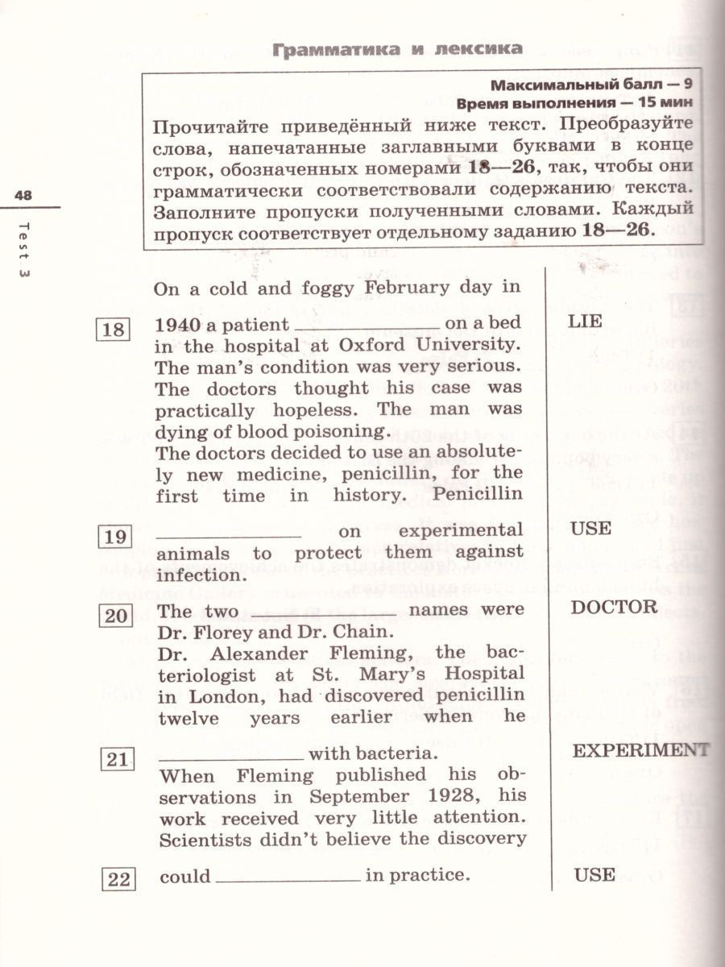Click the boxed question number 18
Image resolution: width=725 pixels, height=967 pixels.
pyautogui.click(x=114, y=330)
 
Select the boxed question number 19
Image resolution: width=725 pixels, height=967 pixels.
pyautogui.click(x=116, y=535)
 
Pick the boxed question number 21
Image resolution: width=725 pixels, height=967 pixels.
pyautogui.click(x=118, y=759)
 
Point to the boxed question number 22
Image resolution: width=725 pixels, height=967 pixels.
pyautogui.click(x=119, y=880)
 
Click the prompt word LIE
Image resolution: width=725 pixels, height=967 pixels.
pyautogui.click(x=584, y=321)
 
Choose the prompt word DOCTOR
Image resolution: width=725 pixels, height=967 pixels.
pyautogui.click(x=614, y=608)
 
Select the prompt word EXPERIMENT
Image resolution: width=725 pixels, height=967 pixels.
pyautogui.click(x=640, y=750)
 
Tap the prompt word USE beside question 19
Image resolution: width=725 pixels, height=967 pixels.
pyautogui.click(x=590, y=529)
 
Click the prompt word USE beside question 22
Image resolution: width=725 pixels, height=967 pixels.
pyautogui.click(x=594, y=874)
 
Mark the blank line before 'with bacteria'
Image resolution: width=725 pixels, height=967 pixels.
pyautogui.click(x=230, y=758)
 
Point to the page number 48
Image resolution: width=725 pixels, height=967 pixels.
pyautogui.click(x=23, y=196)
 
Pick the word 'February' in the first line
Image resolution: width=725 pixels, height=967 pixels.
pyautogui.click(x=408, y=288)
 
